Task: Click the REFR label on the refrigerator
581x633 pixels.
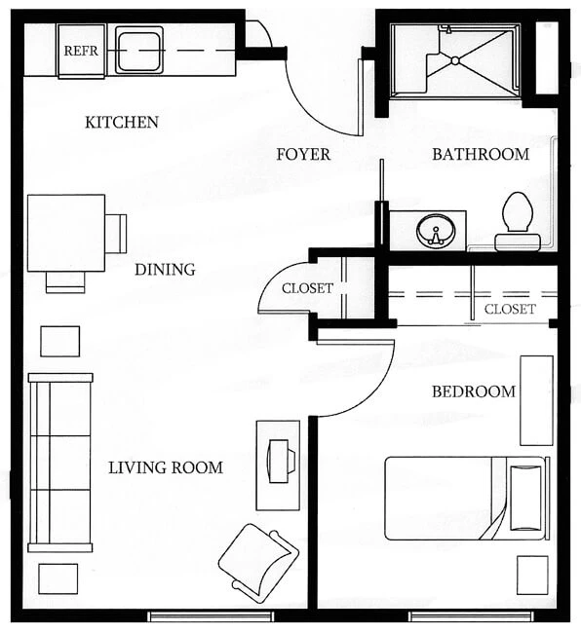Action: pyautogui.click(x=81, y=51)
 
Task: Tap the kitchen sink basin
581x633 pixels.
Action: pyautogui.click(x=139, y=50)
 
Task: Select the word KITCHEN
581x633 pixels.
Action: pyautogui.click(x=122, y=123)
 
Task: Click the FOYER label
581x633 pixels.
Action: pyautogui.click(x=303, y=154)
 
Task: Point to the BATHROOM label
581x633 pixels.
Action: pyautogui.click(x=481, y=154)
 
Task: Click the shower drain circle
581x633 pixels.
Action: pyautogui.click(x=455, y=60)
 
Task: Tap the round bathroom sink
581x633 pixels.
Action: pyautogui.click(x=436, y=231)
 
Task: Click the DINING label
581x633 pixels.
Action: pyautogui.click(x=165, y=270)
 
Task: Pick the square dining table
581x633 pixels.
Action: pyautogui.click(x=66, y=233)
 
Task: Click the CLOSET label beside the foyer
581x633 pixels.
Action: pyautogui.click(x=307, y=288)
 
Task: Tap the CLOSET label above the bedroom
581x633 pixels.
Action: pyautogui.click(x=510, y=310)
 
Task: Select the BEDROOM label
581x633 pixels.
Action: pyautogui.click(x=474, y=391)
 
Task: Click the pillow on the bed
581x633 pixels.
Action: pyautogui.click(x=525, y=498)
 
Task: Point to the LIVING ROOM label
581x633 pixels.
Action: pyautogui.click(x=166, y=467)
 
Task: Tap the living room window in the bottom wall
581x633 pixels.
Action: pyautogui.click(x=211, y=616)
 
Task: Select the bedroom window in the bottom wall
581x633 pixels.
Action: pyautogui.click(x=471, y=616)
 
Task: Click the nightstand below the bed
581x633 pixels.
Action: pyautogui.click(x=532, y=576)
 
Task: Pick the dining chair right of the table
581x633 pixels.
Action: pyautogui.click(x=116, y=234)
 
